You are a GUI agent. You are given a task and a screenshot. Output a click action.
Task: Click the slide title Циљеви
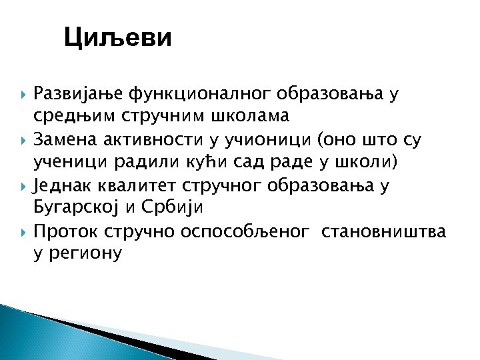(x=118, y=38)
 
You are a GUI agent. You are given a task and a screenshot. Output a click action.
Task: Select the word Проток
(x=65, y=231)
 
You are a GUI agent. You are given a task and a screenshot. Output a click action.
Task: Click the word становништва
(x=383, y=231)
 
